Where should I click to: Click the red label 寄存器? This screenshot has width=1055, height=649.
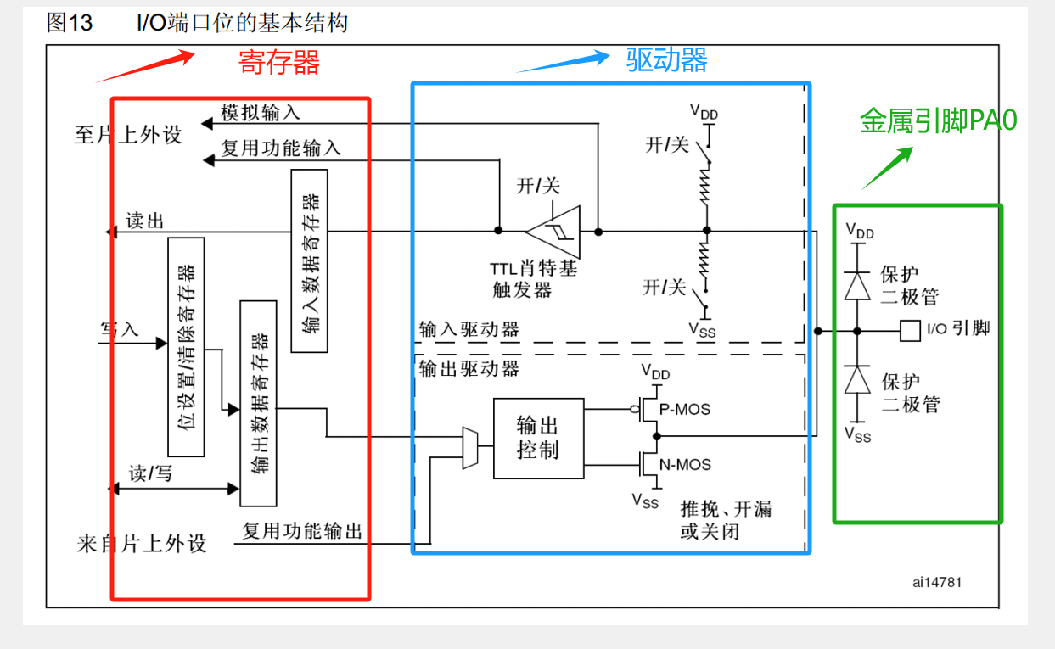point(278,62)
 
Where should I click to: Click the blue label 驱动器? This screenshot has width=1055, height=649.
point(666,59)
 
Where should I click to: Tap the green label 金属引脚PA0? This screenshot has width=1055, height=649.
point(938,120)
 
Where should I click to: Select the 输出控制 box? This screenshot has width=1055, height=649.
point(538,438)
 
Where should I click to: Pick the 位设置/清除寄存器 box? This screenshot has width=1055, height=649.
point(186,347)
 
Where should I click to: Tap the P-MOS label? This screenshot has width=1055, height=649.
point(684,409)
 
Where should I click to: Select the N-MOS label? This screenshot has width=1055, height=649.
point(684,465)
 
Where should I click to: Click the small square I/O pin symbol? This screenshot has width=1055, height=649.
point(910,330)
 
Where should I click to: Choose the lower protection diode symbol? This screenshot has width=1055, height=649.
point(857,378)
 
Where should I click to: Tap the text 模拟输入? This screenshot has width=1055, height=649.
point(261,112)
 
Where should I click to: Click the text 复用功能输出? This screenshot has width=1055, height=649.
point(302,531)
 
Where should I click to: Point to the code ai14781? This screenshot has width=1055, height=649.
point(937,583)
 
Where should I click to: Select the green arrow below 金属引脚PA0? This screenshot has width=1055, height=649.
point(888,167)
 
